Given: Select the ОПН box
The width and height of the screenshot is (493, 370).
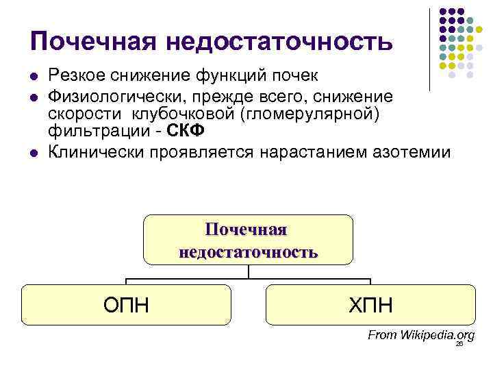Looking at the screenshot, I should click(x=126, y=304).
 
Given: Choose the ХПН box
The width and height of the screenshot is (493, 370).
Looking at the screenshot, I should click(x=370, y=304).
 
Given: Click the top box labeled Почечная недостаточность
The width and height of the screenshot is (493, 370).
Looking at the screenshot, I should click(x=248, y=240).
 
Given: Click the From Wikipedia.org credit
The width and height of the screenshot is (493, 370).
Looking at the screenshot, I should click(x=420, y=335).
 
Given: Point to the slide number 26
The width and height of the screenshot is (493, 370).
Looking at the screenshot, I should click(x=459, y=345).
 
